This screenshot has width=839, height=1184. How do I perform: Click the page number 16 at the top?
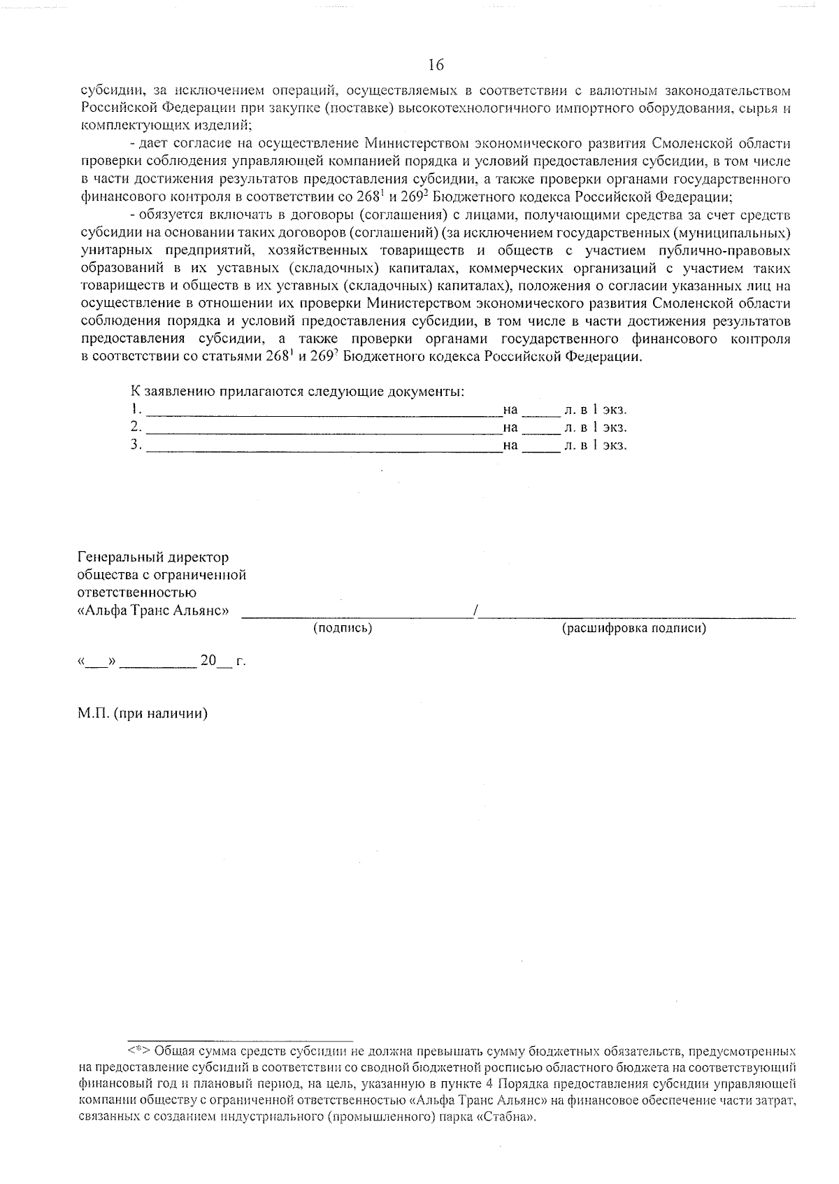(x=436, y=65)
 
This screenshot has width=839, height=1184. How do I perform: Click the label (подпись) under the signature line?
(x=343, y=628)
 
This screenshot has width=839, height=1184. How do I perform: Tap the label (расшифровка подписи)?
(x=634, y=628)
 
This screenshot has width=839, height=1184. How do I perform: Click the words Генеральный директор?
(x=153, y=557)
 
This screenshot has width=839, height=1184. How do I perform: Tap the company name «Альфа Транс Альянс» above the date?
(x=153, y=610)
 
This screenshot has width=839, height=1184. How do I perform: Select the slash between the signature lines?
(x=475, y=611)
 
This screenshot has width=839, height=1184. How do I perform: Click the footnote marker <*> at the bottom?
(x=138, y=1050)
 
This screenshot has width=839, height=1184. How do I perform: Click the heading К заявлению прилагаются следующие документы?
(x=297, y=391)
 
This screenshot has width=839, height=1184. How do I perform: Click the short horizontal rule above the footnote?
(x=241, y=1040)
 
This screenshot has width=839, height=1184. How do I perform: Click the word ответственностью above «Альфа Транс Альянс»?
(x=127, y=592)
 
